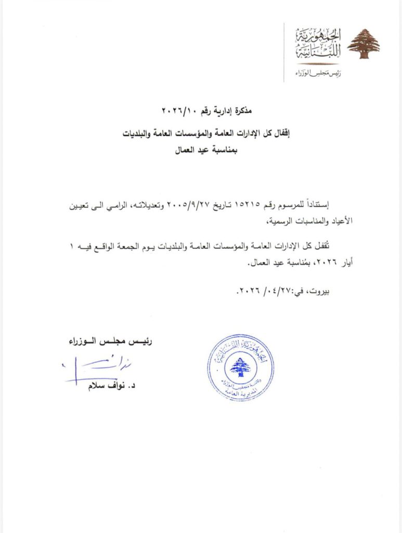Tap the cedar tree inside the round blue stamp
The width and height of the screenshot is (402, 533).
pyautogui.click(x=240, y=368)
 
